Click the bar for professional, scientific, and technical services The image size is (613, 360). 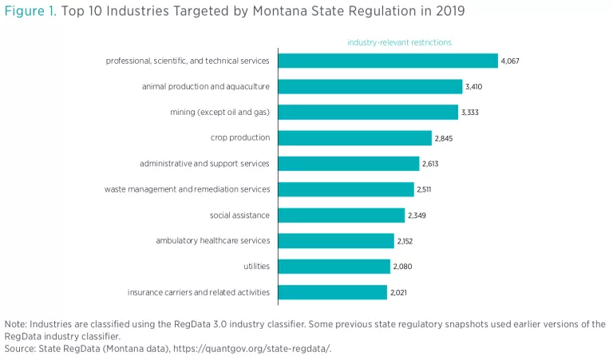(x=388, y=61)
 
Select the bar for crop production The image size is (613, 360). (x=354, y=138)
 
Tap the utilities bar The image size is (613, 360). (x=334, y=267)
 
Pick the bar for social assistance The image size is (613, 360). (x=341, y=216)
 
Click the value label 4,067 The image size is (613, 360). (x=510, y=61)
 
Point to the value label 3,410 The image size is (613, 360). (x=474, y=87)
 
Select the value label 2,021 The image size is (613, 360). (x=399, y=293)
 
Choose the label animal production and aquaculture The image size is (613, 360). (x=206, y=86)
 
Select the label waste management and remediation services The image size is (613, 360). (x=187, y=189)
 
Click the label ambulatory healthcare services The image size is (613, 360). (x=213, y=240)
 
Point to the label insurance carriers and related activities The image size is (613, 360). (x=199, y=292)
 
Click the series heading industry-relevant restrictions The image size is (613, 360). (x=399, y=42)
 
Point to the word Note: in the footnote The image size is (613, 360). (x=16, y=324)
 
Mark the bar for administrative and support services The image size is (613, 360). (x=348, y=164)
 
